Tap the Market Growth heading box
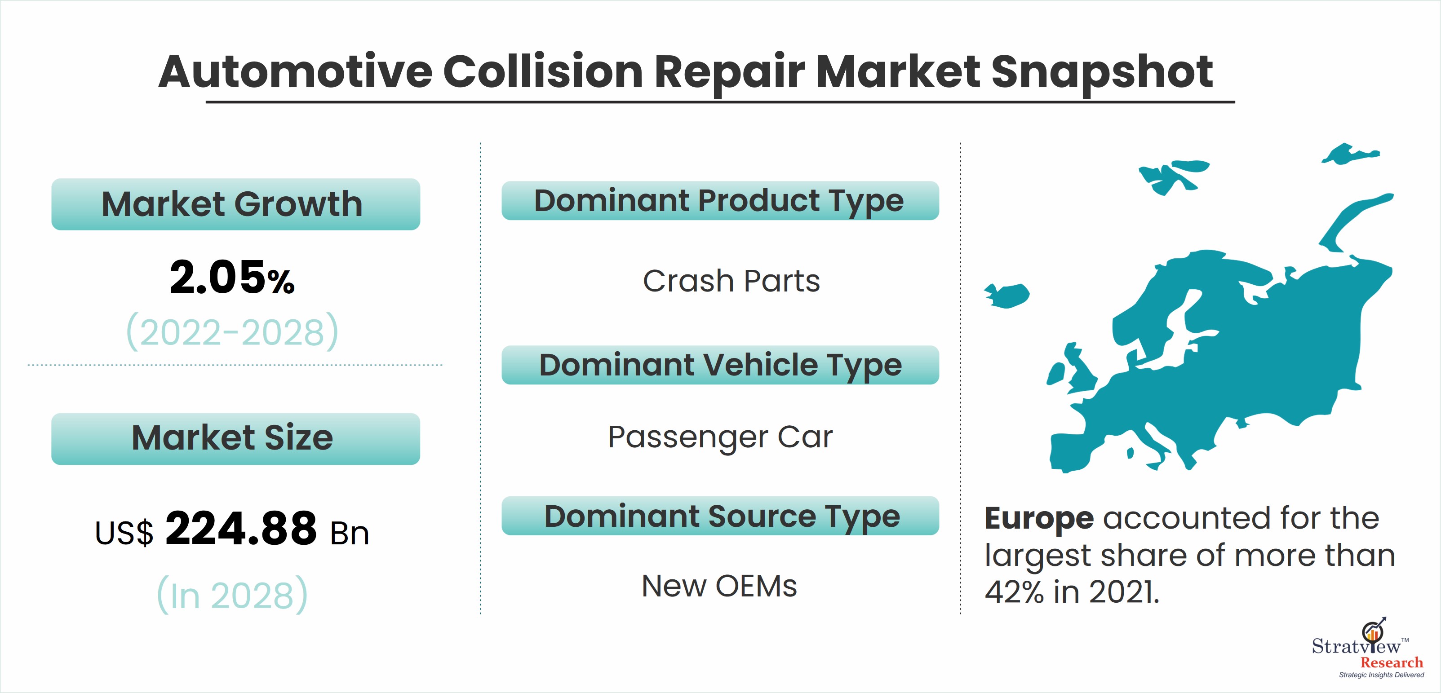(235, 204)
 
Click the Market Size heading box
(235, 438)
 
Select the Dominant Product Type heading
(720, 201)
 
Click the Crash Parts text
(731, 281)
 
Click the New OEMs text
(719, 586)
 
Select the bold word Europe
(1039, 518)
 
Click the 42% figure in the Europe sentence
(1014, 592)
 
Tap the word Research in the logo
(1391, 663)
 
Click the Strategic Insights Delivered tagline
(1381, 675)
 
